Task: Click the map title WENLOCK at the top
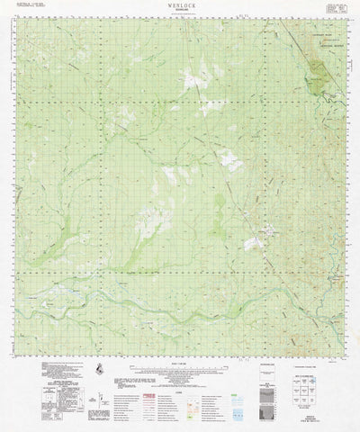pos(181,5)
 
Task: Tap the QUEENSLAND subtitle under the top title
pos(181,11)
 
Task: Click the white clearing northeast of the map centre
pos(229,163)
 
